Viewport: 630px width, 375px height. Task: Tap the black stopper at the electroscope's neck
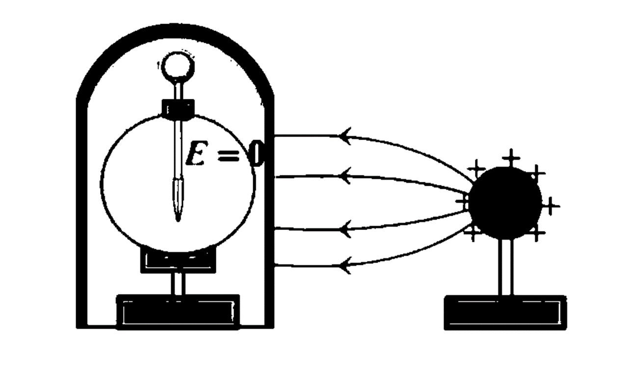(178, 108)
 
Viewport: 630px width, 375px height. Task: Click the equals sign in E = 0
(228, 153)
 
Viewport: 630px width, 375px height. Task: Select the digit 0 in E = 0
(257, 153)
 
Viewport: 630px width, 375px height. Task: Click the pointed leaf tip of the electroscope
(178, 216)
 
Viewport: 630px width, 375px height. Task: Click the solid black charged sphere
(505, 203)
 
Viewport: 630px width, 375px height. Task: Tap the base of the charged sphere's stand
(505, 312)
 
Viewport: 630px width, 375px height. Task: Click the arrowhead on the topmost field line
(345, 136)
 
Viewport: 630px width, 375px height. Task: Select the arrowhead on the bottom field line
(345, 266)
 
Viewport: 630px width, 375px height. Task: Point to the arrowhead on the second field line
(345, 175)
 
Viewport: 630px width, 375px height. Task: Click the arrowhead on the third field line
(345, 229)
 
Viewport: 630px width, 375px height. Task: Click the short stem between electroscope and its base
(178, 284)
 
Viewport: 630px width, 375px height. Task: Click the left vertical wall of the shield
(81, 211)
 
